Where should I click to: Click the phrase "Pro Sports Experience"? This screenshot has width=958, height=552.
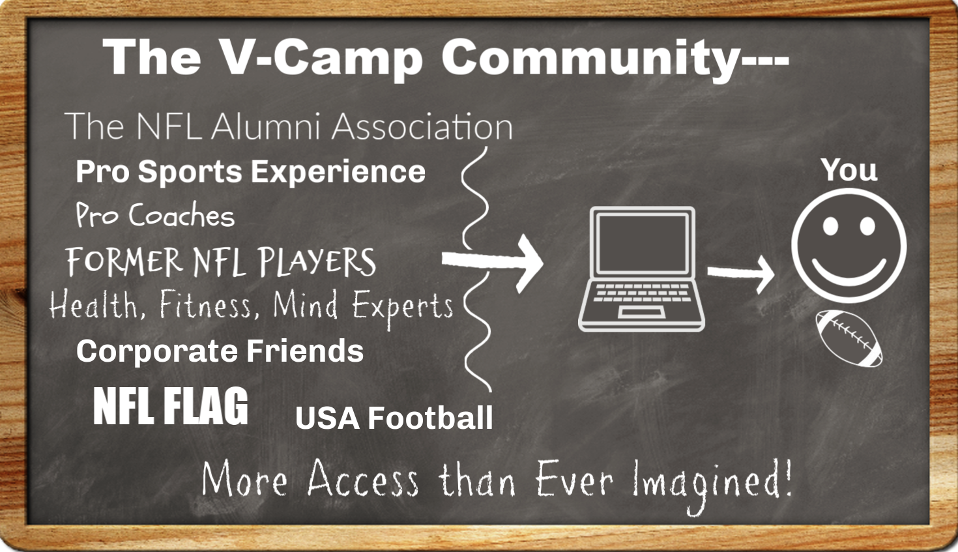point(251,172)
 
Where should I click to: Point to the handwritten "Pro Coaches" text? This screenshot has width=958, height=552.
point(155,214)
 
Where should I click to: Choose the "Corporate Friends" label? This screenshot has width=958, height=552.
point(220,351)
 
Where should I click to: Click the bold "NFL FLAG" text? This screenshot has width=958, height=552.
point(171,406)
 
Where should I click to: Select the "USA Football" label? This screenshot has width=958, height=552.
point(394,418)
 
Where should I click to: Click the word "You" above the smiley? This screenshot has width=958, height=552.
point(849,170)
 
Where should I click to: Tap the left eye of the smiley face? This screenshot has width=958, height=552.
point(830,226)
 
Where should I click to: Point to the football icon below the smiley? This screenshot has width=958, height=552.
point(849,338)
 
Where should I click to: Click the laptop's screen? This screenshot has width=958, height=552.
point(642,244)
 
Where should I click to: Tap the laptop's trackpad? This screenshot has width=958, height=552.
point(641,312)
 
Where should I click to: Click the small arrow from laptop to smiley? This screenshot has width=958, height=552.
point(741,274)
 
